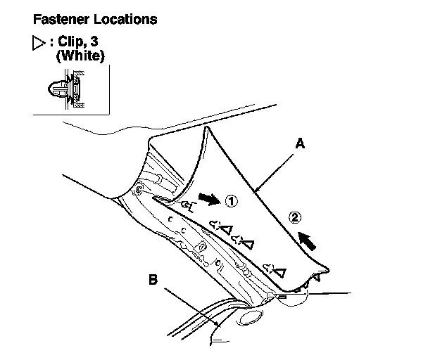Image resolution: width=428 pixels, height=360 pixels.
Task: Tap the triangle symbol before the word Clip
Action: [x=37, y=42]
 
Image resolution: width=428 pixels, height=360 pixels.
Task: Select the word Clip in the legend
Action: [x=71, y=42]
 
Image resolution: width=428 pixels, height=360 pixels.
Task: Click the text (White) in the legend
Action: [x=80, y=56]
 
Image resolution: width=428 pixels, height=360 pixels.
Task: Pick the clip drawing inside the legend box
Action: [x=65, y=90]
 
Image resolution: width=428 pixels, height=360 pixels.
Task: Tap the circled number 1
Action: [x=232, y=202]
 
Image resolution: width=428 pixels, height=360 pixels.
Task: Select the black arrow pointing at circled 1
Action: [x=209, y=200]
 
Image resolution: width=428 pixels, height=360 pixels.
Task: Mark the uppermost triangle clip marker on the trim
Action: [x=227, y=229]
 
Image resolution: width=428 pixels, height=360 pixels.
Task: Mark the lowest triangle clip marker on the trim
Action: [x=279, y=271]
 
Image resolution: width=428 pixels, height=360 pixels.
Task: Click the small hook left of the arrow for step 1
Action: [x=187, y=205]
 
